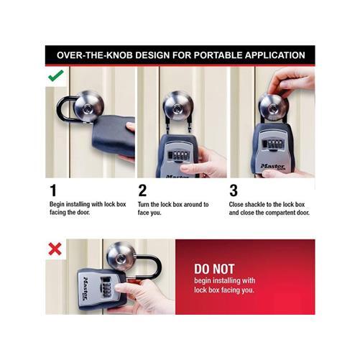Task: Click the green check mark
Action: [56, 75]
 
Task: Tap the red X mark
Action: [55, 249]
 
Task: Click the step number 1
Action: [53, 190]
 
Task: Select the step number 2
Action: [142, 190]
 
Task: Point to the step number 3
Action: [234, 190]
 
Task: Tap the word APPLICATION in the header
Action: [274, 55]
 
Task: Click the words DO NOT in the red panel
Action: [214, 269]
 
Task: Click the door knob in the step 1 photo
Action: [89, 106]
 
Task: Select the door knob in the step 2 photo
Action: [178, 106]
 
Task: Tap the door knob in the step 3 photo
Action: [273, 107]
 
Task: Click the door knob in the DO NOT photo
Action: [121, 257]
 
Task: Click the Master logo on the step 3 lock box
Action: [273, 167]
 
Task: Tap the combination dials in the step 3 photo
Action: [272, 144]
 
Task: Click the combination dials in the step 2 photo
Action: [179, 155]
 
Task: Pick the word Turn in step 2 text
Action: [144, 204]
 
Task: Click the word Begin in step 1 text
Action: [57, 204]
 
